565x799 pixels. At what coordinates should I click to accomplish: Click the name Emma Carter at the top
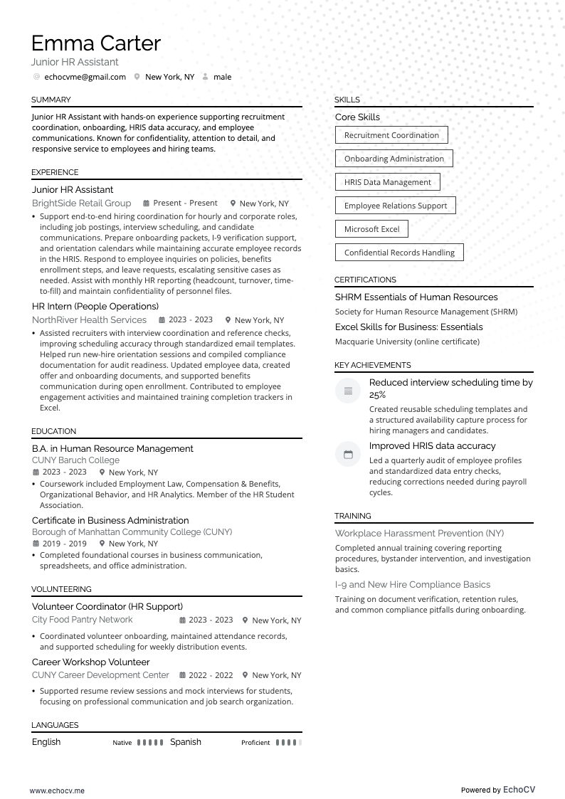96,43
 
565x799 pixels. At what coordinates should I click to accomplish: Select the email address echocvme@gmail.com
85,77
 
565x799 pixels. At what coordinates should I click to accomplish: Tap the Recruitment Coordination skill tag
391,135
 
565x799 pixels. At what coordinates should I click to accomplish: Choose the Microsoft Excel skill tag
371,229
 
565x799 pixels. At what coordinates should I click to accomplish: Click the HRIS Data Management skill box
387,182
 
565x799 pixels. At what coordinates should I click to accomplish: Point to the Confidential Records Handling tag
399,253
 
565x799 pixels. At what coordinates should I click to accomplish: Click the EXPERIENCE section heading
55,172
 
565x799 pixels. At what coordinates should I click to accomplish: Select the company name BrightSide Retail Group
81,203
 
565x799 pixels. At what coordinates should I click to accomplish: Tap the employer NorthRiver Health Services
89,320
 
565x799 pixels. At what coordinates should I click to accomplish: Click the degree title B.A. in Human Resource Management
112,449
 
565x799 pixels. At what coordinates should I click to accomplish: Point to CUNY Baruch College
75,460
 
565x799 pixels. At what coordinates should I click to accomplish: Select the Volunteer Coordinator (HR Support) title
107,607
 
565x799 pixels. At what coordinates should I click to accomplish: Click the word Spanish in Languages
186,742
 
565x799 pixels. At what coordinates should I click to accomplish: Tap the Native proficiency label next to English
122,743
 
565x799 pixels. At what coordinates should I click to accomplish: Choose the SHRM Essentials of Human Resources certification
416,297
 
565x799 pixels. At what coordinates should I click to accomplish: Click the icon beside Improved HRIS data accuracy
348,455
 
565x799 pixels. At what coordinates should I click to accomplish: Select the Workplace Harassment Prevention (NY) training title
419,534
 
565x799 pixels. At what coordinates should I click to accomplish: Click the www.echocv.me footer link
57,790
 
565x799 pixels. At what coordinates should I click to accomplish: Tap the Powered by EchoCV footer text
497,790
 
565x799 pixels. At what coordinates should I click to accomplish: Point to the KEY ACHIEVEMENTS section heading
372,365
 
